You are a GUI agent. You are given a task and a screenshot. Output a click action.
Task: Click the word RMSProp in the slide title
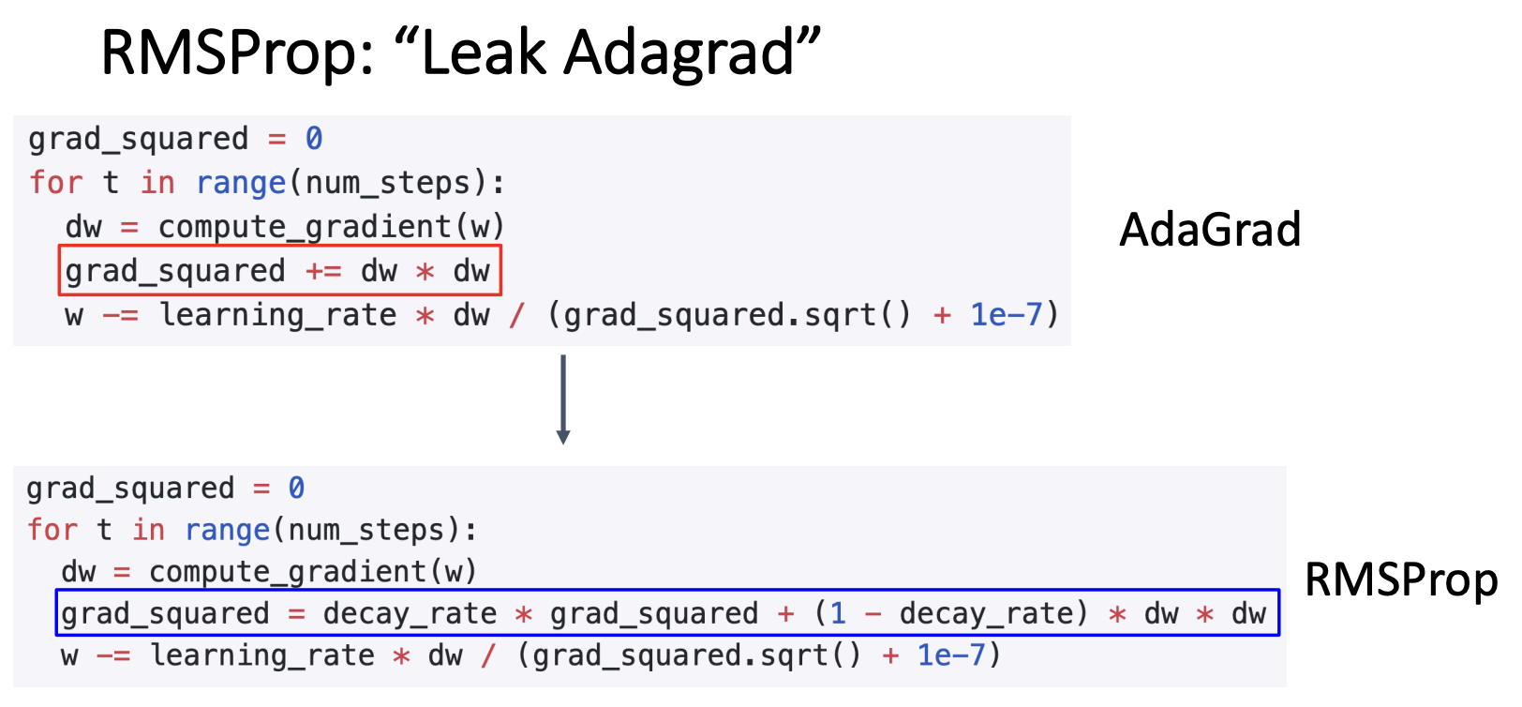pos(238,53)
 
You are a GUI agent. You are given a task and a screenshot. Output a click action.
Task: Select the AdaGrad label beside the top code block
pos(1210,230)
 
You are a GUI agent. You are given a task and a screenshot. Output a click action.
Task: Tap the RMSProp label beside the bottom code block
pos(1401,579)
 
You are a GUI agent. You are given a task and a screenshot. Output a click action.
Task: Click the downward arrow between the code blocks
pos(563,399)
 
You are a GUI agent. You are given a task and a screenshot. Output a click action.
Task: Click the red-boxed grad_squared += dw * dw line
pos(278,271)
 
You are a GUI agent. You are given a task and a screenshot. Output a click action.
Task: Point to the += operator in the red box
pos(323,271)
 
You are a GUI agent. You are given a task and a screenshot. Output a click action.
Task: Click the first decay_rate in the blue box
pos(410,613)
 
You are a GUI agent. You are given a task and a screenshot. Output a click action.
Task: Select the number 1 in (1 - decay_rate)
pos(837,613)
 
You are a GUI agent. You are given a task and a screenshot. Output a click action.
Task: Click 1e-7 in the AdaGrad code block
pos(1006,315)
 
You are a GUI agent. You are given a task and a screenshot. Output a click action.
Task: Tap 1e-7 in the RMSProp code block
pos(951,654)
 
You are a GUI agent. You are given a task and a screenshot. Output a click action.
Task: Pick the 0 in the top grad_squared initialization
pos(314,139)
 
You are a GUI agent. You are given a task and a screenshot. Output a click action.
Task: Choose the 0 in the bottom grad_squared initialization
pos(296,488)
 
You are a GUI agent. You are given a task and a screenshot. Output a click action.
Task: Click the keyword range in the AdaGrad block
pos(241,183)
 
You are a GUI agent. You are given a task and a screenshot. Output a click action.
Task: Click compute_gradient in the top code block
pos(306,227)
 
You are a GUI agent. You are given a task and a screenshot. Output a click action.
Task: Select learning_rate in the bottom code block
pos(262,654)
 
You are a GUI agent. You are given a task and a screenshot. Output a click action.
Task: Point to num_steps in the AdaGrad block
pos(388,183)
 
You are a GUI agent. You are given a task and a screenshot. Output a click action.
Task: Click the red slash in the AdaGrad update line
pos(517,315)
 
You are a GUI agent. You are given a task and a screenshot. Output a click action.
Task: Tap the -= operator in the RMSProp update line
pos(114,654)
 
